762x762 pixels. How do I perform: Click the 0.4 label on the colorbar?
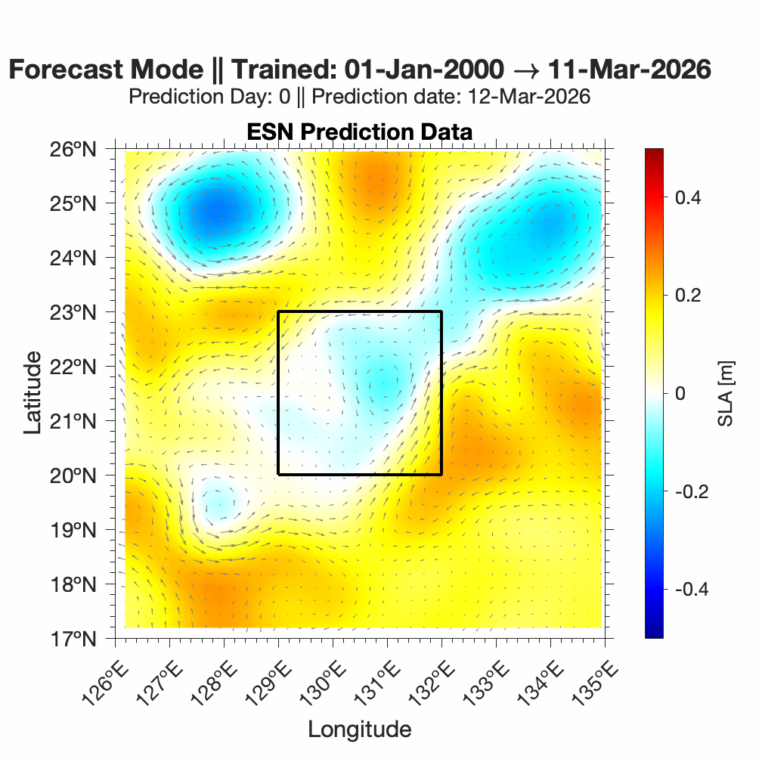[686, 198]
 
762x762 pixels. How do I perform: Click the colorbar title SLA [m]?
[725, 394]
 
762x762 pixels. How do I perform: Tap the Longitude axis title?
[359, 729]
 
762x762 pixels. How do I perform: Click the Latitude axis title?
[33, 394]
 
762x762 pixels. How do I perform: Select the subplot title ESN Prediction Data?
[359, 132]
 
